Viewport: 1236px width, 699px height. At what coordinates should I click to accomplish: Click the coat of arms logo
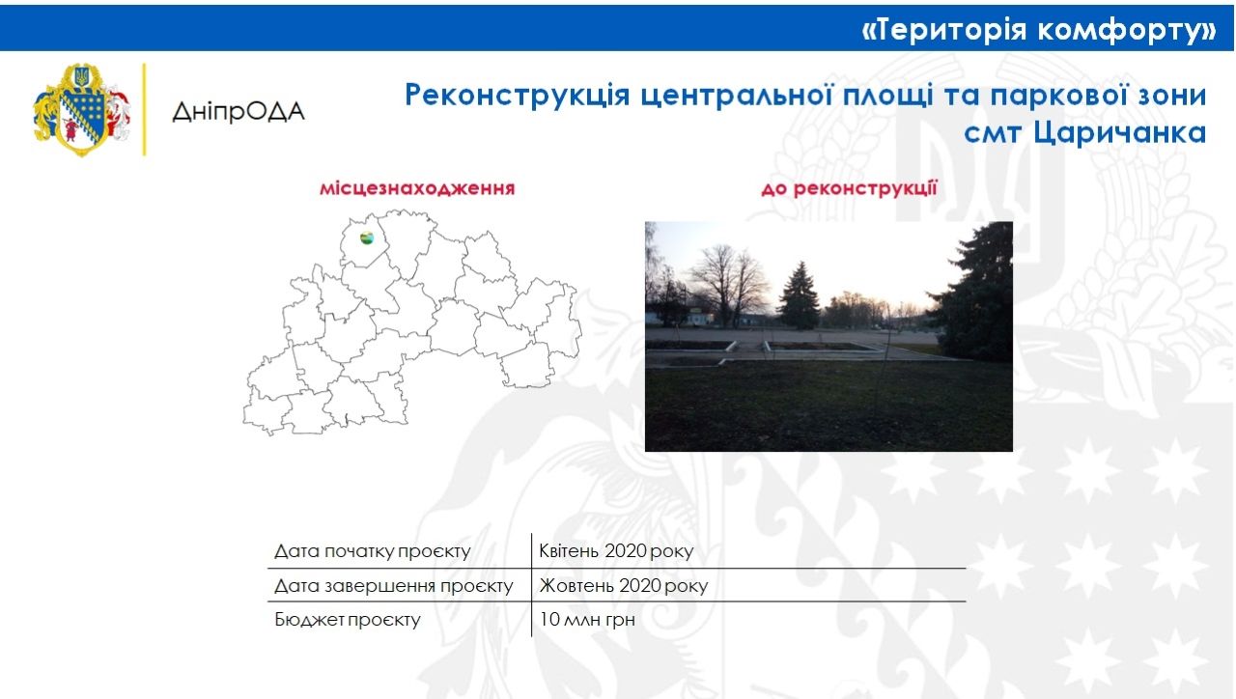[x=82, y=109]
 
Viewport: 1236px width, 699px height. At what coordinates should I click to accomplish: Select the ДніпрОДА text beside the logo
[x=238, y=111]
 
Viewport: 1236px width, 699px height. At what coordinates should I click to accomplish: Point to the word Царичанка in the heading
[x=1120, y=133]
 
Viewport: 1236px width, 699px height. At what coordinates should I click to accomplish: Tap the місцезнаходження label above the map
[x=417, y=188]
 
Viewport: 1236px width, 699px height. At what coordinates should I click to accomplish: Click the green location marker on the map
[x=367, y=238]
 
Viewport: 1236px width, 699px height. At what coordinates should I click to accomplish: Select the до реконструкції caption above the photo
[x=849, y=188]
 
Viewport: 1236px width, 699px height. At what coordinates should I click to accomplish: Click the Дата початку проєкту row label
[x=372, y=552]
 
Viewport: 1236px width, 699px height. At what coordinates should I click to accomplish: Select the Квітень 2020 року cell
[x=616, y=552]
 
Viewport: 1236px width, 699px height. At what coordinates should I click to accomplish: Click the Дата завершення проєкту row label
[x=393, y=586]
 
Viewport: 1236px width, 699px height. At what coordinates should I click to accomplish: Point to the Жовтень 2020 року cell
[x=624, y=586]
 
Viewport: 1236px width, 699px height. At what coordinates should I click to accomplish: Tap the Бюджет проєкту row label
[x=348, y=620]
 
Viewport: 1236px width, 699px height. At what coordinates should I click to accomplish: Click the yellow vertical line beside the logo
[x=145, y=109]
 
